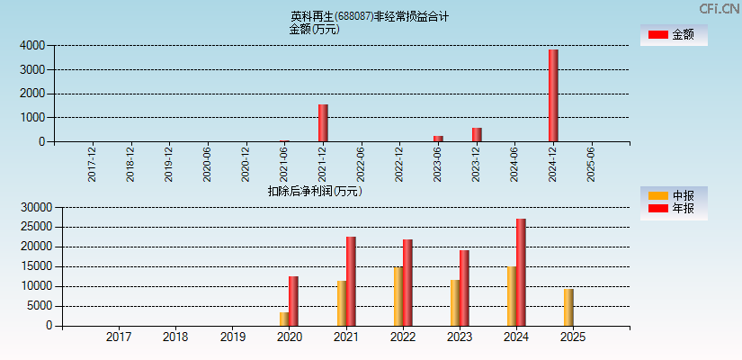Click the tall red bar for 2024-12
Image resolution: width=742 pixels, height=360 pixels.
[553, 95]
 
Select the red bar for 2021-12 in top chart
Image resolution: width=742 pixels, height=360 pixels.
[323, 123]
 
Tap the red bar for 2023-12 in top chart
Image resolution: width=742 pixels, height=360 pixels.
[477, 135]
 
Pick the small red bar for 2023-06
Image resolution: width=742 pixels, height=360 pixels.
[438, 139]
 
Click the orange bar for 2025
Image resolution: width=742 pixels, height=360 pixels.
[568, 308]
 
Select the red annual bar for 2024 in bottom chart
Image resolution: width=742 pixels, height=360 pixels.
[521, 273]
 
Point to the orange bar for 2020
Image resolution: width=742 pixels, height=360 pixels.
[284, 319]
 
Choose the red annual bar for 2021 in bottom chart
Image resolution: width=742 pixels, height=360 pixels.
[351, 282]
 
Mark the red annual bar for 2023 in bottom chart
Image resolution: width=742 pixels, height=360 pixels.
[464, 288]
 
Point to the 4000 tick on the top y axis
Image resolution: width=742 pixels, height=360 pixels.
[32, 45]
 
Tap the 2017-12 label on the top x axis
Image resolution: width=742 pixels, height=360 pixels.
[93, 164]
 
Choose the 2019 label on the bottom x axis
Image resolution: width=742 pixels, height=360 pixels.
[233, 337]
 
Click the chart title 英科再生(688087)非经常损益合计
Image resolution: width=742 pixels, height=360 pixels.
[370, 16]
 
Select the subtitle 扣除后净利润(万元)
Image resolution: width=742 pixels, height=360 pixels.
[315, 191]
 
